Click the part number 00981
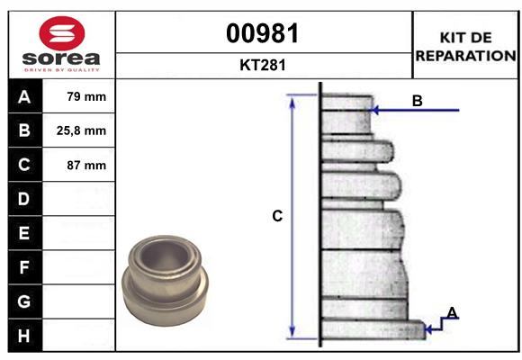[264, 33]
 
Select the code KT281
[264, 65]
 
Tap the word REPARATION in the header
[465, 55]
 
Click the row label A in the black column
[23, 96]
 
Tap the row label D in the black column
[23, 199]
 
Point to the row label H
[23, 336]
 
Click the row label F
[23, 267]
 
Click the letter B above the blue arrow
[417, 101]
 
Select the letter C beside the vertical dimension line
[278, 216]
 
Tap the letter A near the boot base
[453, 312]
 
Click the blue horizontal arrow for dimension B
[418, 111]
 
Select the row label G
[23, 301]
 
